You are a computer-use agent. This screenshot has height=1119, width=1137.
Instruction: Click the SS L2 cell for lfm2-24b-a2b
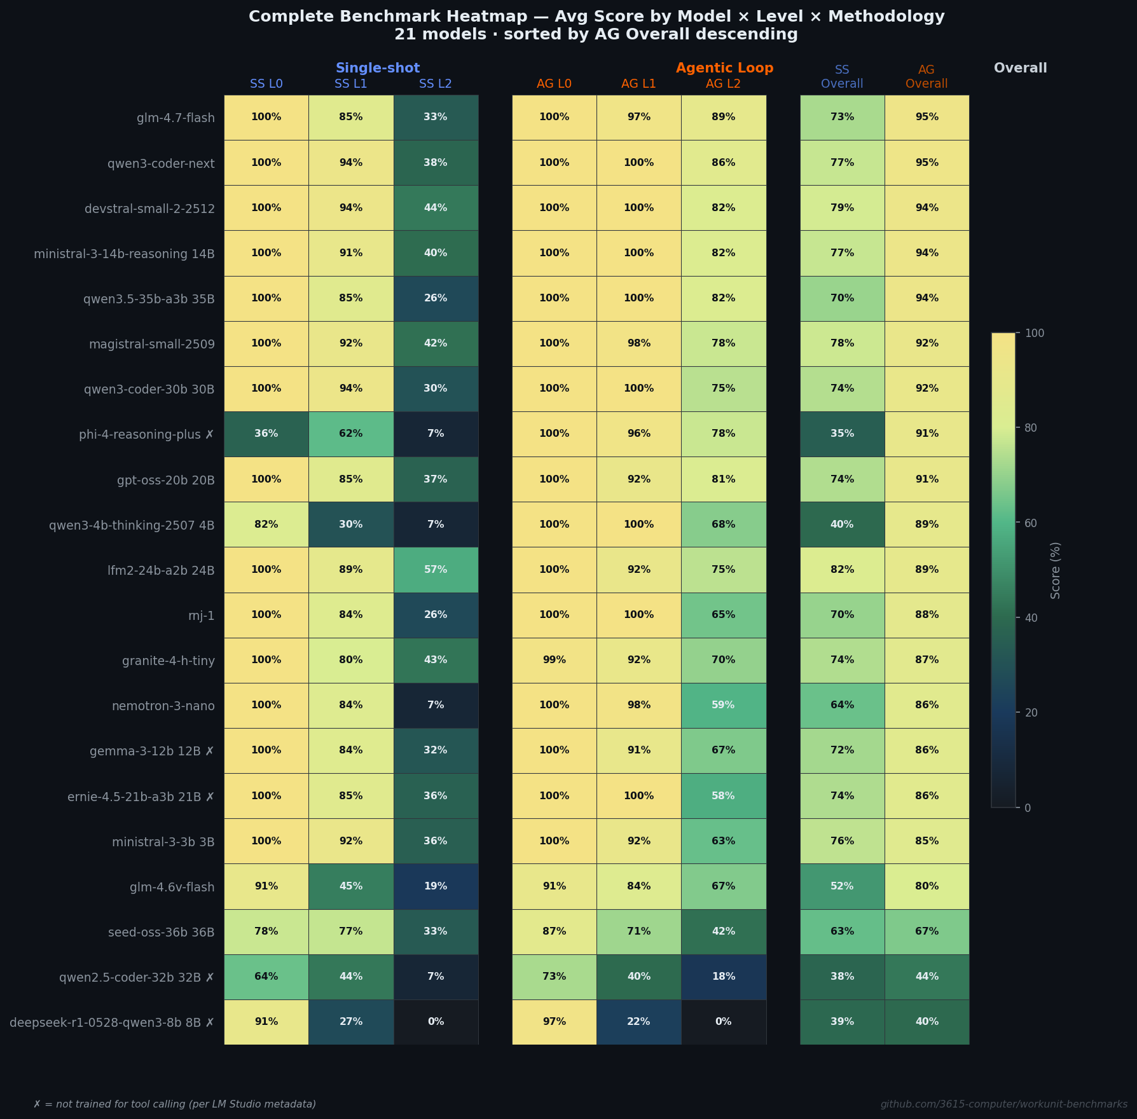click(436, 570)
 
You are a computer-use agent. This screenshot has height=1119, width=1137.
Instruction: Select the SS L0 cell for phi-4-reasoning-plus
click(266, 434)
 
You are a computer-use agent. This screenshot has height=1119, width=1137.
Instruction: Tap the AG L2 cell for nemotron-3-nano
click(723, 705)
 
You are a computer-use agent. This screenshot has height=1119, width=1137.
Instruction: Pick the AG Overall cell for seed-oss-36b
click(927, 931)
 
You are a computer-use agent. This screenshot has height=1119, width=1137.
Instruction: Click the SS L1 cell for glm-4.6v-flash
click(350, 886)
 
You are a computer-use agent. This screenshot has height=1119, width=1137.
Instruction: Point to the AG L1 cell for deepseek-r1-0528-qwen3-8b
click(638, 1022)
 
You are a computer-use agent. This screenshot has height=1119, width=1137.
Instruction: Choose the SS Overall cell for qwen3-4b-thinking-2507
click(842, 525)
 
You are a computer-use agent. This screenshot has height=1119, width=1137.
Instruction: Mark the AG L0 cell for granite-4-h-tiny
click(554, 660)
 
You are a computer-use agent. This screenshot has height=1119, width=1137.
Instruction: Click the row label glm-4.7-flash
click(176, 118)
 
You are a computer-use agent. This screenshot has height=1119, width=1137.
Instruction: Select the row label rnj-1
click(202, 615)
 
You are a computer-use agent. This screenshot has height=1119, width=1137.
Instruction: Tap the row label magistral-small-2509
click(152, 345)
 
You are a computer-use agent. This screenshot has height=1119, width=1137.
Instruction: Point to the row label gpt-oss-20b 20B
click(166, 480)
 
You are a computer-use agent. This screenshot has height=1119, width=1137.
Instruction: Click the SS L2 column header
click(436, 84)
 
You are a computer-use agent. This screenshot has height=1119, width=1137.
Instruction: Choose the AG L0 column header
click(554, 84)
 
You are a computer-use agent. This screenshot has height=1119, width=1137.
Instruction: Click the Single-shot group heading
click(378, 68)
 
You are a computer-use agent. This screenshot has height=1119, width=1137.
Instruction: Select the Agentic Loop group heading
click(724, 68)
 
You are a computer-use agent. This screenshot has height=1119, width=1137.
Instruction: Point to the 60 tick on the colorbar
click(1031, 523)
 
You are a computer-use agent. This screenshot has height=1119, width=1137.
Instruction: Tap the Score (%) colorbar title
click(1056, 570)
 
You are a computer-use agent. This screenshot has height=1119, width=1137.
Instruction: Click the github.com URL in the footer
click(1003, 1104)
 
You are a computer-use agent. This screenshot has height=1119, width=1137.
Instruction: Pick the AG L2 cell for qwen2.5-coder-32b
click(723, 977)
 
